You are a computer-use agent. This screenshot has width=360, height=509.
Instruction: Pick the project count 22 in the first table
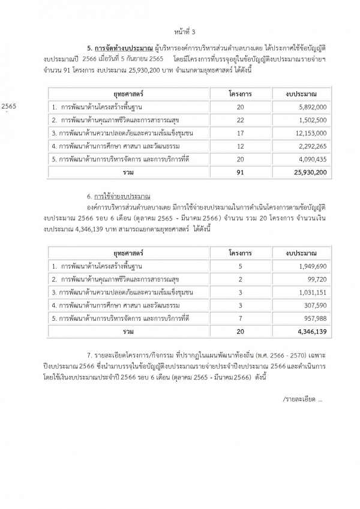point(241,119)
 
